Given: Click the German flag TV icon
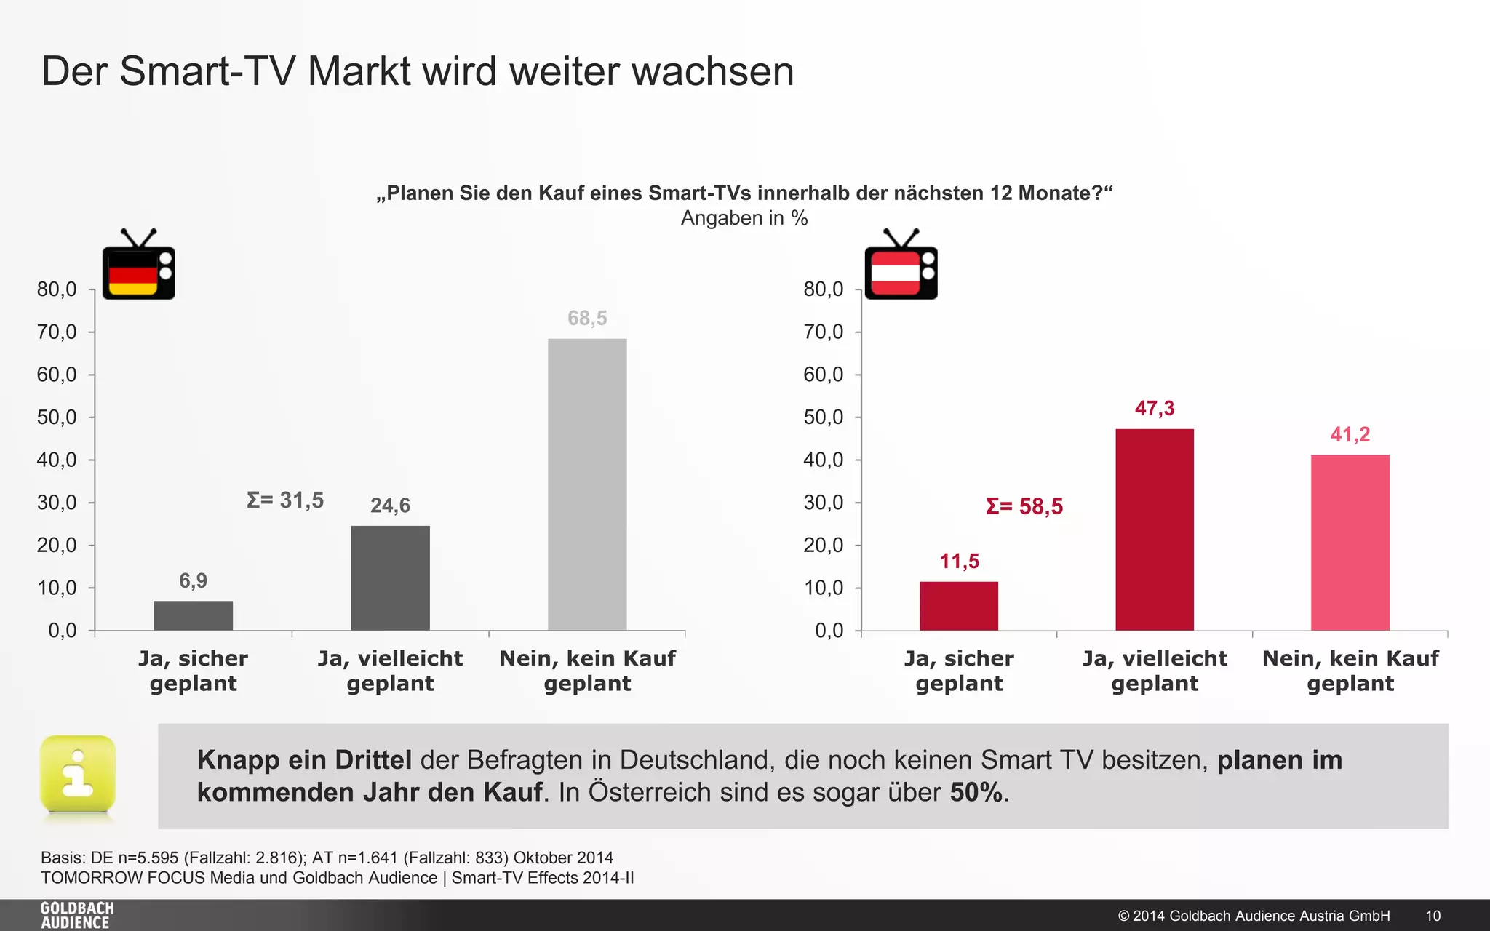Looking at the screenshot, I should [x=138, y=266].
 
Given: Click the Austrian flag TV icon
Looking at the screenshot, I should [x=901, y=266].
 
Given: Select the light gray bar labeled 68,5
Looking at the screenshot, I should [x=587, y=484].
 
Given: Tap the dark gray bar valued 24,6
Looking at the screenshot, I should [x=390, y=578].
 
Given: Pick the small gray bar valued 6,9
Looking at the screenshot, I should [x=193, y=615].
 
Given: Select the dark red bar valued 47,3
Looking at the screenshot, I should [x=1155, y=530].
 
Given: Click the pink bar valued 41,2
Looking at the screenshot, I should [x=1350, y=543].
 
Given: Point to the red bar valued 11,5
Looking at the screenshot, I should [x=959, y=606].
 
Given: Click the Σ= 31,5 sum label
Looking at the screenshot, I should [x=285, y=500].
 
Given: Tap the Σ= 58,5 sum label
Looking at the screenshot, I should [x=1024, y=506].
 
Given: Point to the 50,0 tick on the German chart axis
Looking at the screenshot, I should [x=57, y=417].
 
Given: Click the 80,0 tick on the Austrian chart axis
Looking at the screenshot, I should [x=823, y=289].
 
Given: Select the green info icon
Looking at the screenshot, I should [x=78, y=774].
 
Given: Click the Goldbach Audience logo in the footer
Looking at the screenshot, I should [x=77, y=915].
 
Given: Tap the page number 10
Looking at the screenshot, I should [x=1433, y=916].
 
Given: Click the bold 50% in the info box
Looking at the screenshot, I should [x=976, y=792].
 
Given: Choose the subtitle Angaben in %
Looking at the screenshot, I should [x=744, y=218].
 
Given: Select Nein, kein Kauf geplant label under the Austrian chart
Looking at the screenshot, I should [x=1350, y=671].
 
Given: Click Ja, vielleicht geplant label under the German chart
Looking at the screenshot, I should [x=390, y=671].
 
